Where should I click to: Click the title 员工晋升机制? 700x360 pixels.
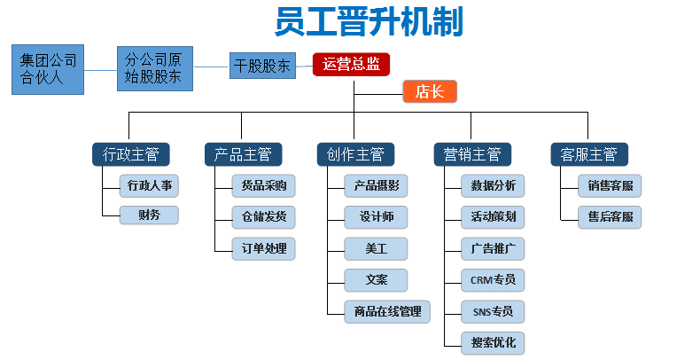(x=369, y=21)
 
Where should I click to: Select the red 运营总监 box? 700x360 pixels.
(x=352, y=65)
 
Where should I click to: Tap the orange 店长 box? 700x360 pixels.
(x=430, y=91)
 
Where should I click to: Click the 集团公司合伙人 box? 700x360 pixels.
(x=48, y=70)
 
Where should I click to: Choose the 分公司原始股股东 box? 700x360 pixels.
(x=155, y=69)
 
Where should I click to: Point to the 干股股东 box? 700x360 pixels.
(x=262, y=66)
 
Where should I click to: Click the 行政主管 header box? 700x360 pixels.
(x=131, y=154)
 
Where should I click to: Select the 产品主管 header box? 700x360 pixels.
(x=244, y=154)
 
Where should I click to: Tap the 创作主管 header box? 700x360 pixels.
(x=356, y=154)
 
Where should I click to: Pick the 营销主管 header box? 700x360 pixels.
(x=473, y=154)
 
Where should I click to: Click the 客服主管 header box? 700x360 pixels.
(x=589, y=154)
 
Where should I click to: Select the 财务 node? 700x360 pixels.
(x=149, y=215)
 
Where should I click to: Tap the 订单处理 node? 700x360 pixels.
(x=264, y=249)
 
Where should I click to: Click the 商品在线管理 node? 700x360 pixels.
(x=387, y=312)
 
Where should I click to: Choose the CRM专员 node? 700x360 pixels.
(x=493, y=280)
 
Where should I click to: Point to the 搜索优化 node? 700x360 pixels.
(x=493, y=343)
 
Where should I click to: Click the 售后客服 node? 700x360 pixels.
(x=610, y=217)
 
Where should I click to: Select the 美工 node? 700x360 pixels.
(x=376, y=249)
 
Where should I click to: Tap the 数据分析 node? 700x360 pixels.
(x=493, y=186)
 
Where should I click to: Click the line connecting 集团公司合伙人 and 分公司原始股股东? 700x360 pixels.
(x=100, y=70)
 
